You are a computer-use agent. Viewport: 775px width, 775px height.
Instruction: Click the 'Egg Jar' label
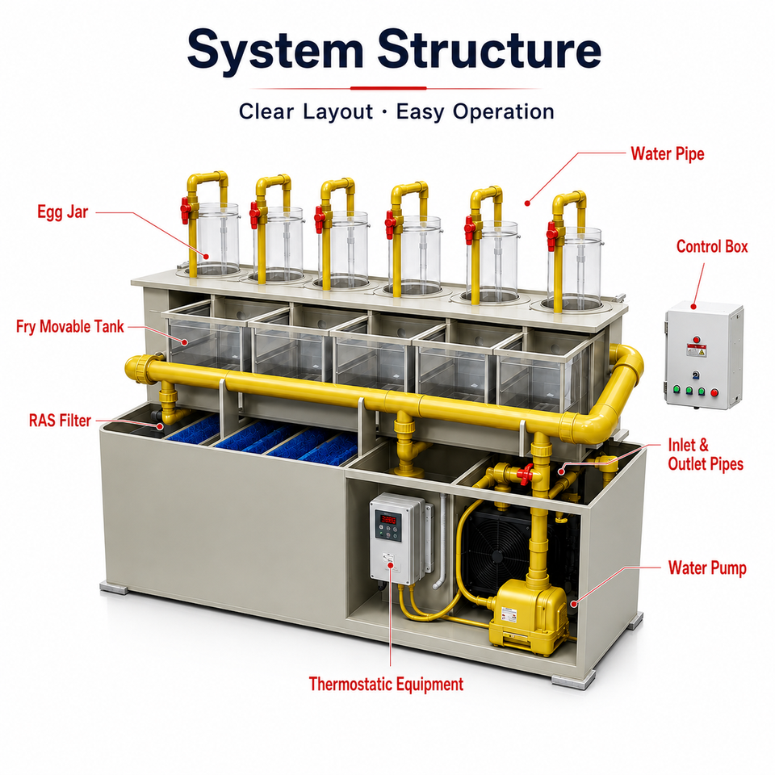point(63,212)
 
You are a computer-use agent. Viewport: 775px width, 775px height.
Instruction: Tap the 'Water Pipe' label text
point(668,153)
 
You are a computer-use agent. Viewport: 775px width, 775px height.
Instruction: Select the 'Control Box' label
point(712,246)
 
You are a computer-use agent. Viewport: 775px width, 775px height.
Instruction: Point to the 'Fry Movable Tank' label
point(69,327)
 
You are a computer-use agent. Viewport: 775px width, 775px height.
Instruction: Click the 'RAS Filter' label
point(60,421)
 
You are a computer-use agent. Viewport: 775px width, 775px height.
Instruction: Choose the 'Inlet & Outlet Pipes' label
point(706,455)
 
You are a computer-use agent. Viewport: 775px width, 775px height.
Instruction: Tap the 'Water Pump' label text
point(707,568)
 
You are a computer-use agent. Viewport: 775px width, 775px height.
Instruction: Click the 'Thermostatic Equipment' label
point(386,685)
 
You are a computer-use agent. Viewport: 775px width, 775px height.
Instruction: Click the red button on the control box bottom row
point(714,393)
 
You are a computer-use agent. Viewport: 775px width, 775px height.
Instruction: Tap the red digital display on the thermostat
point(389,519)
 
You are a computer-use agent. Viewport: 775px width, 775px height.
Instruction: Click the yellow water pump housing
point(528,617)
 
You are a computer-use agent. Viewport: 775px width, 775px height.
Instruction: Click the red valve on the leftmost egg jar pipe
point(186,211)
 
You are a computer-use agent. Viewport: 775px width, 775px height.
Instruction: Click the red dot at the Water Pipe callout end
point(527,203)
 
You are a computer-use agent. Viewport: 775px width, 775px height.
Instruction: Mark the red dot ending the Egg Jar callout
point(206,256)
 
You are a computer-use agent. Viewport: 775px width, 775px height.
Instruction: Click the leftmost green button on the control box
point(677,388)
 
